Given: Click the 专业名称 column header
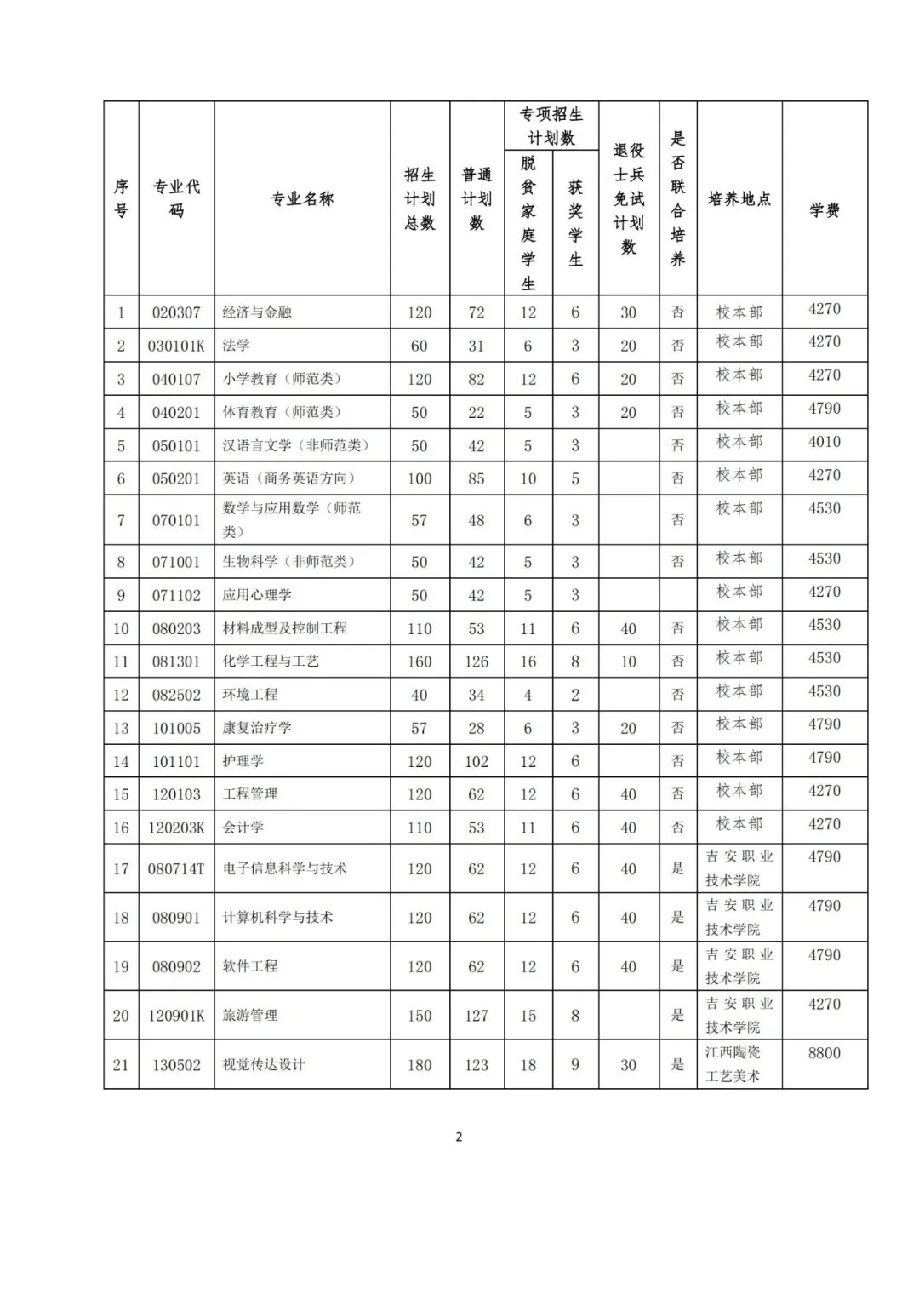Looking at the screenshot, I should coord(302,199).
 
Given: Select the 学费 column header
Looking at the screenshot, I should coord(825,209).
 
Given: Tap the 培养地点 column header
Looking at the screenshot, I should coord(739,199).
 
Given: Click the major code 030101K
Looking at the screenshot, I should coord(176,346).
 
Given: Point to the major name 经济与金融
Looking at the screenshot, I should coord(257,312).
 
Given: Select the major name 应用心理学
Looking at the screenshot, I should coord(257,595).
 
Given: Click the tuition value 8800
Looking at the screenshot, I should coord(825,1053).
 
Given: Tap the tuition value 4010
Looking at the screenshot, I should coord(825,442).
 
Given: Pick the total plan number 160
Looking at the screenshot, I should coord(420,661).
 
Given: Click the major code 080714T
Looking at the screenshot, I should coord(176,869).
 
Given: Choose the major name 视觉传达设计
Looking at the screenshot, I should coord(264,1065).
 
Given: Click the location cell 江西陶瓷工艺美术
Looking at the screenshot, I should coord(733,1064).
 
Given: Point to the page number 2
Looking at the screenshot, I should coord(459,1137).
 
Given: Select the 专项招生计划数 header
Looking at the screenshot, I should coord(551,126).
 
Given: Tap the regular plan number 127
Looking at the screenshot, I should coord(477,1016).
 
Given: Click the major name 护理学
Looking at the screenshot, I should coord(243,761).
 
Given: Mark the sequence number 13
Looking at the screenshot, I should coord(121,728).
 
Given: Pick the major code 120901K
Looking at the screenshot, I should coord(176,1016).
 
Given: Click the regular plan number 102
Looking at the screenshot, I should coord(477,762).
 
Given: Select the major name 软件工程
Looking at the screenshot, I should coord(250,966).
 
